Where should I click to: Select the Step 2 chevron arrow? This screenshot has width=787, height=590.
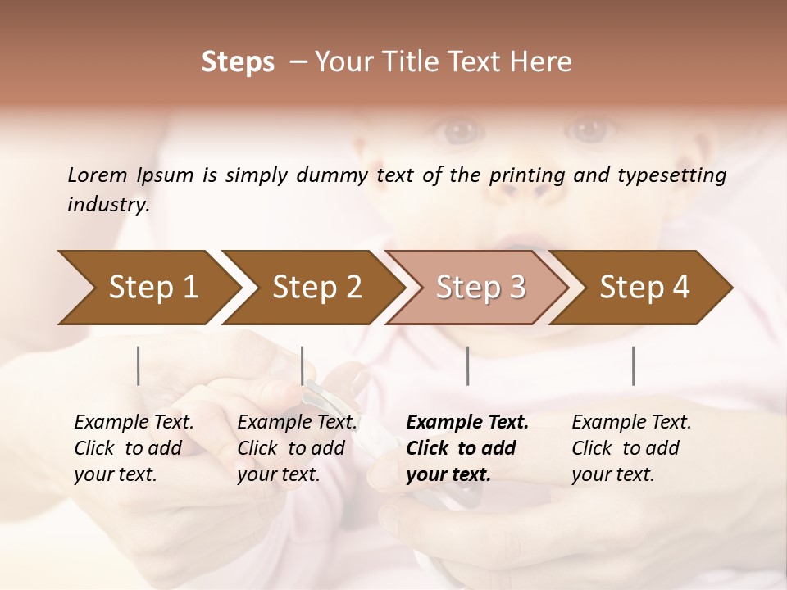tap(316, 287)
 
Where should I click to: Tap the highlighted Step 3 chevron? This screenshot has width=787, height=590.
tap(480, 287)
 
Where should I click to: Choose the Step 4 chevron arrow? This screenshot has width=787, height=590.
tap(644, 287)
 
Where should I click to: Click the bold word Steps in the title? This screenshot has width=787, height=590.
tap(238, 62)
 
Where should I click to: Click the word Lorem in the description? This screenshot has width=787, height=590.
tap(97, 175)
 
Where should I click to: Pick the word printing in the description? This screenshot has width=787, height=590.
tap(527, 175)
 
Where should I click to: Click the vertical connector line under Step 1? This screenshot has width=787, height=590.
tap(139, 365)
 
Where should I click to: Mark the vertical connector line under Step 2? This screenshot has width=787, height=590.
tap(303, 365)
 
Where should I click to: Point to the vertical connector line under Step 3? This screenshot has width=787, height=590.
tap(467, 365)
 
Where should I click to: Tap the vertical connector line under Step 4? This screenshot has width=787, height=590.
tap(633, 365)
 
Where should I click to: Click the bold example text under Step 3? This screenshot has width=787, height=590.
tap(466, 448)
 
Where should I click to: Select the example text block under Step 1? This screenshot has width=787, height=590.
tap(133, 448)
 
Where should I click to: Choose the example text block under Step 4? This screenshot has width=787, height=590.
tap(630, 448)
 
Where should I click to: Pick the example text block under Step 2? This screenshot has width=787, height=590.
tap(296, 448)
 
